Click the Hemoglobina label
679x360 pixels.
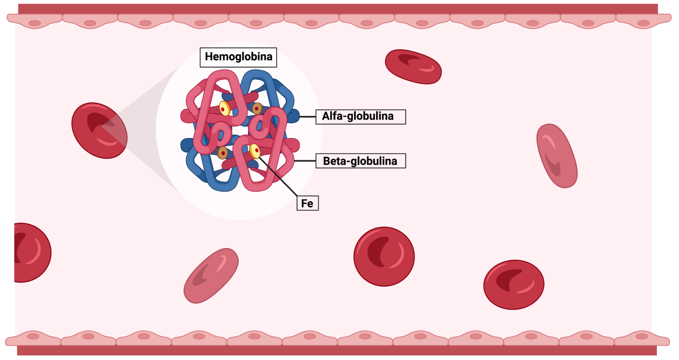pyautogui.click(x=238, y=57)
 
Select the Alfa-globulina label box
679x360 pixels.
pyautogui.click(x=360, y=117)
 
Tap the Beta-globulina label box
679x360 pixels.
pyautogui.click(x=360, y=161)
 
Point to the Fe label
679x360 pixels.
pyautogui.click(x=307, y=203)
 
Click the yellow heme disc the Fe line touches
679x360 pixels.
pyautogui.click(x=255, y=151)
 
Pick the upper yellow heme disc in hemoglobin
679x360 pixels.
pyautogui.click(x=225, y=108)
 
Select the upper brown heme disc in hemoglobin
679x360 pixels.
pyautogui.click(x=257, y=108)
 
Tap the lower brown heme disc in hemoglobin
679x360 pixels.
pyautogui.click(x=222, y=153)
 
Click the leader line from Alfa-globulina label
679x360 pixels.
pyautogui.click(x=308, y=117)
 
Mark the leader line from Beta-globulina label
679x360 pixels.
pyautogui.click(x=305, y=161)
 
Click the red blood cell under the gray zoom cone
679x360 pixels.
pyautogui.click(x=99, y=130)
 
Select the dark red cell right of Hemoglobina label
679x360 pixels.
pyautogui.click(x=413, y=66)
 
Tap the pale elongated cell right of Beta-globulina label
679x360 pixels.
pyautogui.click(x=557, y=155)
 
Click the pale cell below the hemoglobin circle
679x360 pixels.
pyautogui.click(x=211, y=276)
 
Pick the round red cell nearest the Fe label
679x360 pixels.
pyautogui.click(x=384, y=257)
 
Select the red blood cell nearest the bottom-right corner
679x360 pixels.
pyautogui.click(x=514, y=284)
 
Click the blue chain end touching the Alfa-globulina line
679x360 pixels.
pyautogui.click(x=293, y=116)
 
